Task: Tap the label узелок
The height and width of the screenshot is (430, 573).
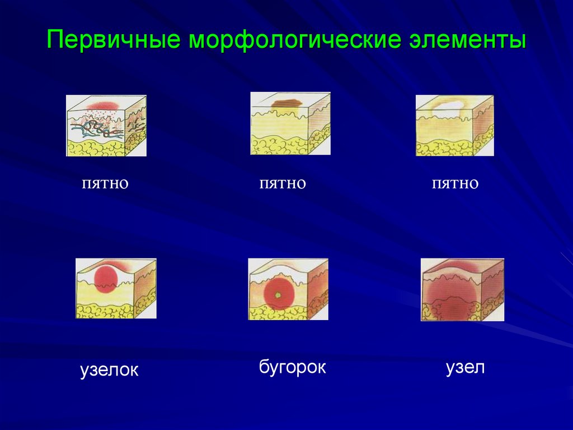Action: click(109, 370)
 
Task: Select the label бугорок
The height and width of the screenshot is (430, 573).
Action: click(292, 368)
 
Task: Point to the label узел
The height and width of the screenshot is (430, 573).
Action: click(465, 368)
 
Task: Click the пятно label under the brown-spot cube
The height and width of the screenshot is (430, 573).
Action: click(283, 183)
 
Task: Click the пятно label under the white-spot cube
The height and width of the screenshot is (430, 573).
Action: click(455, 183)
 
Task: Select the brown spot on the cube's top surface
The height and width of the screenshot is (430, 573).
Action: click(286, 103)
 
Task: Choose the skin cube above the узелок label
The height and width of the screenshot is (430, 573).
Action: click(115, 288)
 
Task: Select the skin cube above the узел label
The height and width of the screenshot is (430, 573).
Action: click(462, 289)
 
